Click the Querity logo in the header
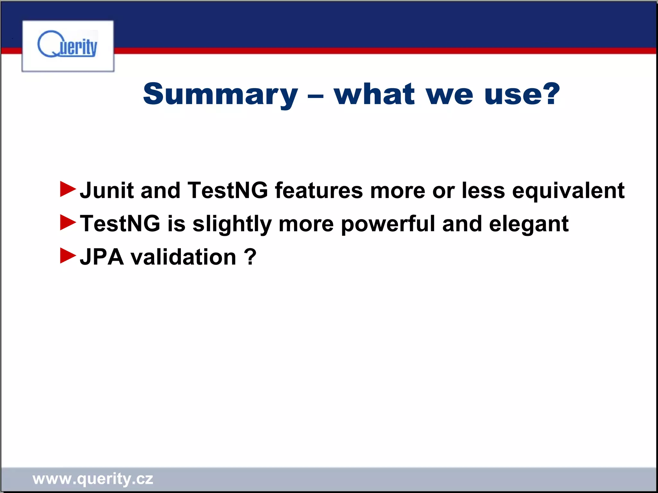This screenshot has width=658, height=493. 67,46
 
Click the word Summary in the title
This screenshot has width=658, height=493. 220,94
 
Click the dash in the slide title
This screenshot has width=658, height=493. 316,96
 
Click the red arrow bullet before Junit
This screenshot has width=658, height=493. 68,189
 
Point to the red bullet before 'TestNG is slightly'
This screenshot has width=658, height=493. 68,222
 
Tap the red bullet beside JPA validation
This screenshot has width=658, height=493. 68,256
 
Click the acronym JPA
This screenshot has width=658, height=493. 102,257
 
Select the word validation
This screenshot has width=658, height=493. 183,257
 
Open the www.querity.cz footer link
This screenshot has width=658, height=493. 93,479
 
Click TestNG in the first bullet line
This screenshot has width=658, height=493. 227,190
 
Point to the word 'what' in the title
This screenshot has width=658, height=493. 374,94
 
